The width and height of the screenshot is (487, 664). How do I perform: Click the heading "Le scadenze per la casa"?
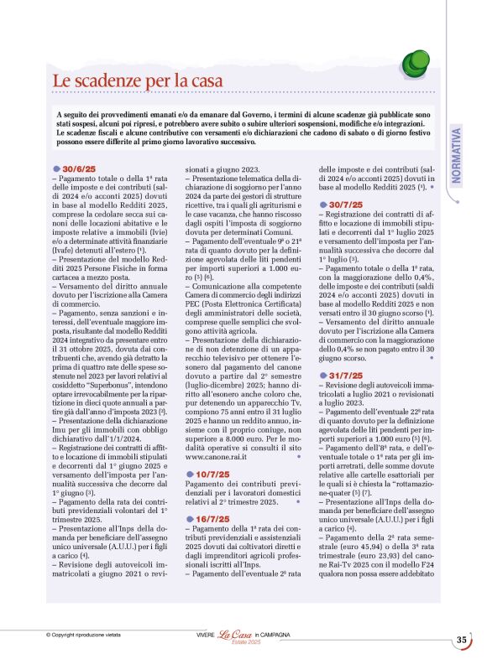(138, 80)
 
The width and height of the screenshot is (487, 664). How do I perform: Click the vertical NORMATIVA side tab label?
(457, 154)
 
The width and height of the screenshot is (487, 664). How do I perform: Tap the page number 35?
(461, 641)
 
